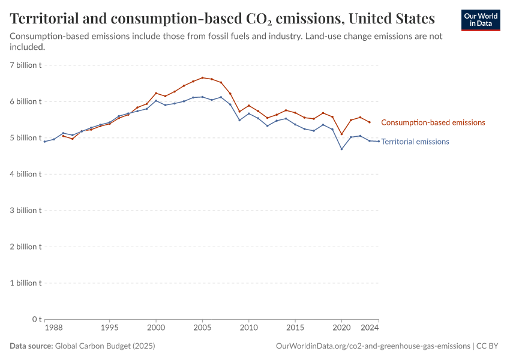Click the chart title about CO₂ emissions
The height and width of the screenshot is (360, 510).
[223, 17]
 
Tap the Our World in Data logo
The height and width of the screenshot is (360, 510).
[480, 20]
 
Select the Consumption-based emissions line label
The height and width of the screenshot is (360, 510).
[433, 122]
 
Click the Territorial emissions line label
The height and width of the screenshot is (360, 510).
[415, 142]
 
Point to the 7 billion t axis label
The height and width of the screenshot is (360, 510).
[25, 65]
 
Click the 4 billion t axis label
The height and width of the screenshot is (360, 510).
[25, 174]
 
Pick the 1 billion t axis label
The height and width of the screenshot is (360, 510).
[25, 283]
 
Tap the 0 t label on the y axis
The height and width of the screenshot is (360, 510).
[37, 319]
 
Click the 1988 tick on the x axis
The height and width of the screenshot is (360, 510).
[53, 328]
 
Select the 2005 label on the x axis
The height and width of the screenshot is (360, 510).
[202, 328]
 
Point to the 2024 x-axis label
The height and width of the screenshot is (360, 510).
[370, 328]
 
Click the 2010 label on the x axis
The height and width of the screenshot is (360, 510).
[248, 328]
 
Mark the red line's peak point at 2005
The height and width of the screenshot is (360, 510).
[202, 77]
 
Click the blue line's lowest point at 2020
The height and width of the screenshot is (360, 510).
[341, 149]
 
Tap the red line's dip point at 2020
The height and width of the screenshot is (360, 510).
[341, 134]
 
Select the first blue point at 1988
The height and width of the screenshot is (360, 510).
[44, 142]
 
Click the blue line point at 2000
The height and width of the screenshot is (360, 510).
[156, 100]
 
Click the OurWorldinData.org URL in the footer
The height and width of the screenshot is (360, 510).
[373, 346]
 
